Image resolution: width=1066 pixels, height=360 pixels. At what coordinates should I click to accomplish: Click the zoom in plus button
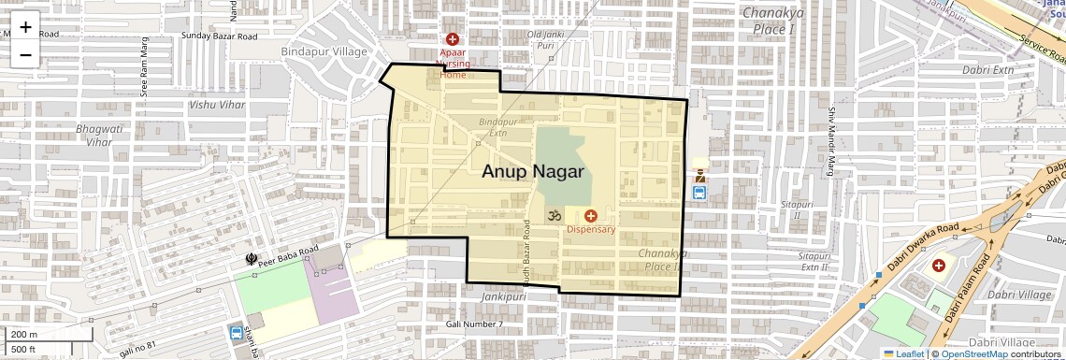(x=25, y=27)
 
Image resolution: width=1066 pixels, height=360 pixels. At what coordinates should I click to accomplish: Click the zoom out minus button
(x=25, y=54)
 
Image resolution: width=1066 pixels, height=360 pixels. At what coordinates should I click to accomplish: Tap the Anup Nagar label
(x=533, y=172)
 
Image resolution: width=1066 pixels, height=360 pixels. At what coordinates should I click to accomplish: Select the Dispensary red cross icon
(x=590, y=216)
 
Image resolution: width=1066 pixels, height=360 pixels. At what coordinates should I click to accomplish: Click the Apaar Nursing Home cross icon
(x=453, y=39)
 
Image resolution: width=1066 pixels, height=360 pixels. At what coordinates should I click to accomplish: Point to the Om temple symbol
(x=553, y=215)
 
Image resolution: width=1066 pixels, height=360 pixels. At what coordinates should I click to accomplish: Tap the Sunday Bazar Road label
(x=220, y=36)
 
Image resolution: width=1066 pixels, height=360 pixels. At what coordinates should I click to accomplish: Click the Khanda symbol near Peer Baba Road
(x=251, y=258)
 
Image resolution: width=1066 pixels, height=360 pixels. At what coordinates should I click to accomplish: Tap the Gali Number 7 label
(x=474, y=324)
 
